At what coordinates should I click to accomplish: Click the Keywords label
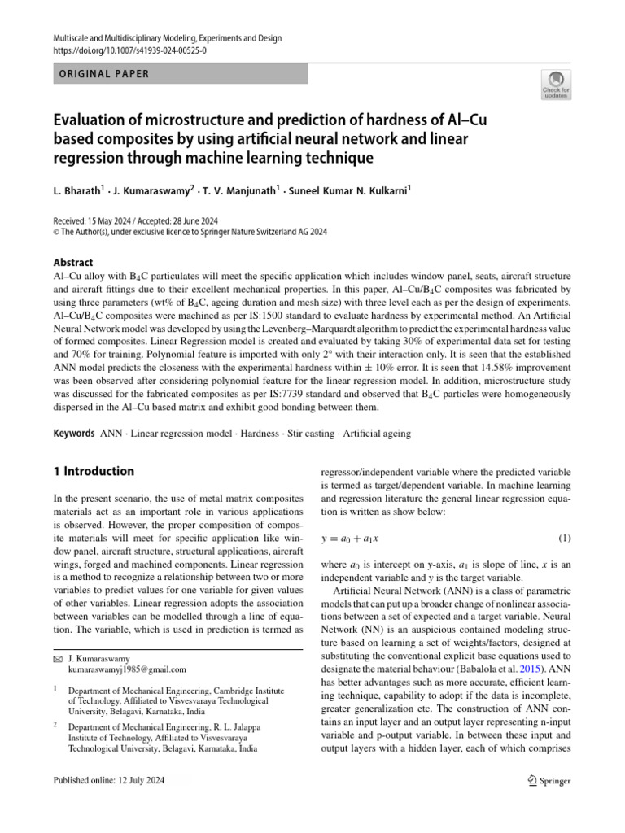[73, 434]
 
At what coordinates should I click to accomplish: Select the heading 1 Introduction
[94, 471]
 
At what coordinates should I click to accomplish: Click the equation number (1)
[564, 539]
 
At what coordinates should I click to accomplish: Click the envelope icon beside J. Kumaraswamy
[57, 658]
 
